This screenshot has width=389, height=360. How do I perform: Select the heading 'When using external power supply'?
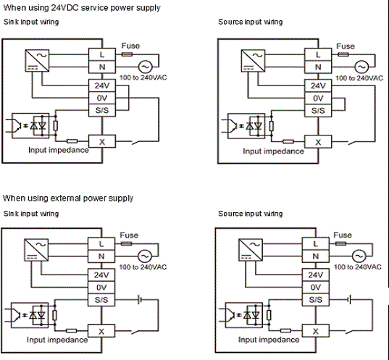[68, 198]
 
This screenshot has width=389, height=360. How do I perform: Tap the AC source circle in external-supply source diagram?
[358, 256]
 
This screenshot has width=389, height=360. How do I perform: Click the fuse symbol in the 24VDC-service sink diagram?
[128, 54]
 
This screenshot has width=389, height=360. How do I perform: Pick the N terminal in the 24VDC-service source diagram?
[316, 67]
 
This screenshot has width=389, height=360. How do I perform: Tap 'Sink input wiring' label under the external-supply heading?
[31, 214]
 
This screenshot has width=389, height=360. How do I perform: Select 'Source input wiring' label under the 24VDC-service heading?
[251, 22]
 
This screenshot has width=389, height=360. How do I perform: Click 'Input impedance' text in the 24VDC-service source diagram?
[272, 151]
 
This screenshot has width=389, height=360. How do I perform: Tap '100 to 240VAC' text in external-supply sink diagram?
[143, 267]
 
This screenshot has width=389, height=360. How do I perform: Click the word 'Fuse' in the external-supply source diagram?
[342, 235]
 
